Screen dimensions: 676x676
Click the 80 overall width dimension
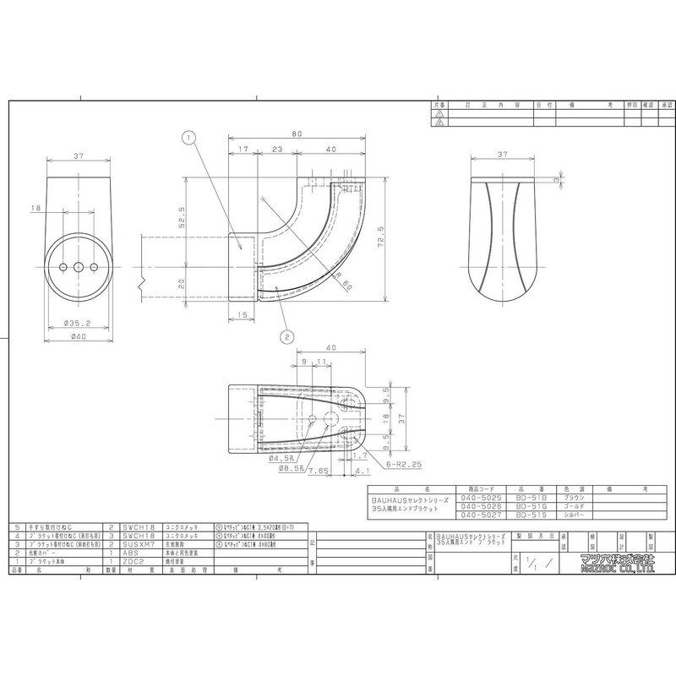(296, 134)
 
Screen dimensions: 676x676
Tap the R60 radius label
(343, 286)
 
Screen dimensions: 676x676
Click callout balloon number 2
(288, 335)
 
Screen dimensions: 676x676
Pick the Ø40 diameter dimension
(79, 335)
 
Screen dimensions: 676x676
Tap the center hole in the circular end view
(79, 267)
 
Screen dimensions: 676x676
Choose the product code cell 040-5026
(480, 506)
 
